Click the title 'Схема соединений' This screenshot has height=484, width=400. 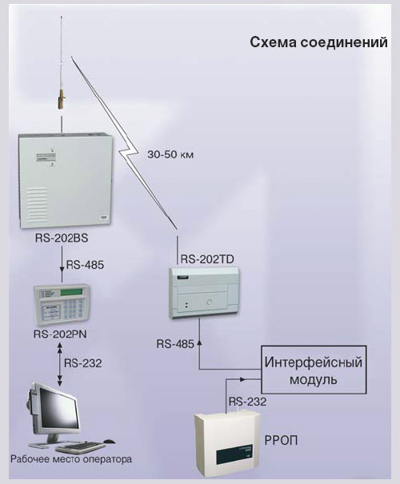coord(318,42)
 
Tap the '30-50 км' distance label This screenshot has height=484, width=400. coord(170,154)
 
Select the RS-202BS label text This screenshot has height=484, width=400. coord(62,238)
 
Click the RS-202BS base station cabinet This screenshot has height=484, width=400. coord(66,181)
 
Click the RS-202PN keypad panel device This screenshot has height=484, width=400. coord(62,304)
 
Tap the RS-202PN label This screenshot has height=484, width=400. coord(60,334)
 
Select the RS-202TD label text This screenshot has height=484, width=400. coord(207,259)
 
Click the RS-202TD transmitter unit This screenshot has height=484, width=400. coord(204,293)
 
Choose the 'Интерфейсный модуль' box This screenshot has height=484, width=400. coord(314,369)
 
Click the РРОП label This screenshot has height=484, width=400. coord(281,441)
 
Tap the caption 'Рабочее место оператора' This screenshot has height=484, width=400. coord(71,459)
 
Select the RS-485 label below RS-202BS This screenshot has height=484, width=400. coord(85,265)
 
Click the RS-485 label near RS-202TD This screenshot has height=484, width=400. coord(175,344)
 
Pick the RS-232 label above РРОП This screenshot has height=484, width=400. coord(247,402)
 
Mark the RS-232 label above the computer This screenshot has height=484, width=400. coord(82,363)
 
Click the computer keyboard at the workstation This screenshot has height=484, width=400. coord(81,446)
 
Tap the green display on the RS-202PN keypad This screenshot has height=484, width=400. coord(72,292)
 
